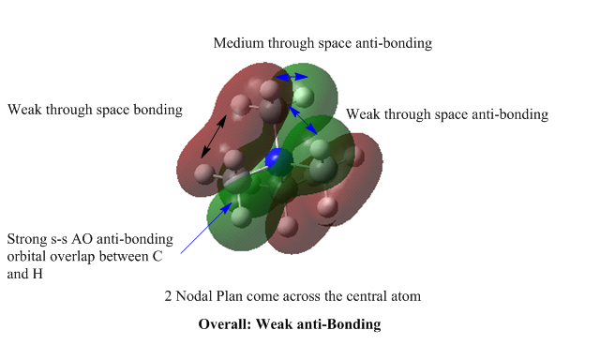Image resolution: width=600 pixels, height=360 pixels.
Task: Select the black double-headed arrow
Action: (214, 137)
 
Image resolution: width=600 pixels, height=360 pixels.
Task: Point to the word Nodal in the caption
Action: (194, 296)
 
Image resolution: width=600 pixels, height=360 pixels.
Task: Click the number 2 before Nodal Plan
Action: (168, 296)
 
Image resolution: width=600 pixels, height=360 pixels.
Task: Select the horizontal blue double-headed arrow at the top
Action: (292, 77)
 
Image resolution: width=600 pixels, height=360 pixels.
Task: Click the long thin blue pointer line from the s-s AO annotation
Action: (206, 228)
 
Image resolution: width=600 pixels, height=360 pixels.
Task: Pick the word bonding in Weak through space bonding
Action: (157, 111)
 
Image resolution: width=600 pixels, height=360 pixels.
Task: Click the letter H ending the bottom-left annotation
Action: (37, 274)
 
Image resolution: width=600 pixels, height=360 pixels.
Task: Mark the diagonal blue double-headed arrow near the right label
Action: (303, 120)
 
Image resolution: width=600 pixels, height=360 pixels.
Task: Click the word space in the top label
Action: (335, 44)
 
